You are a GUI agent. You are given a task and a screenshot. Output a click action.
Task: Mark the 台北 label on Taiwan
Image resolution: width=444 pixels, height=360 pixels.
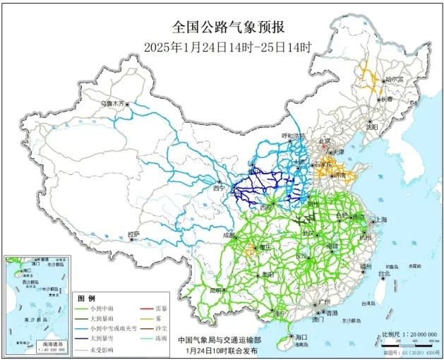click(x=385, y=274)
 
